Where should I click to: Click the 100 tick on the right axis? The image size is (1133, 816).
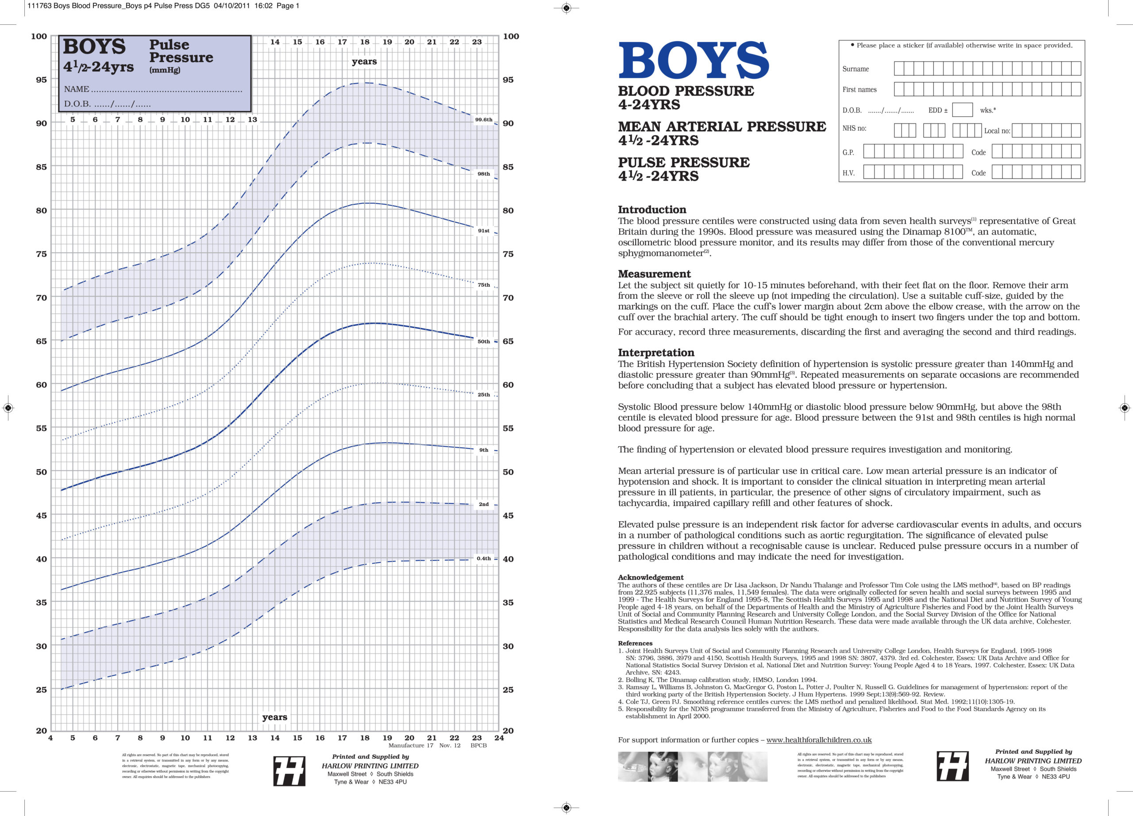511,36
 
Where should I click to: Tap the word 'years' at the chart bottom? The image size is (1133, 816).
274,717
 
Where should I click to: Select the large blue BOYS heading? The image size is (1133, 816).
694,61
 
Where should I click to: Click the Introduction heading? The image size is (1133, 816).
651,210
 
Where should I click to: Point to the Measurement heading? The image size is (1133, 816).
654,274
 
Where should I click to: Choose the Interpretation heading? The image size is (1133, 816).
655,353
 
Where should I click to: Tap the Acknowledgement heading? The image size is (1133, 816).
651,577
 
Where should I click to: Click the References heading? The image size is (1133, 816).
635,643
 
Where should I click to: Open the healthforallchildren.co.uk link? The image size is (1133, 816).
818,740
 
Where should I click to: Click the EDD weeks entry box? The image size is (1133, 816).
962,110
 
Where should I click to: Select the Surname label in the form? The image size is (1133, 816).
855,69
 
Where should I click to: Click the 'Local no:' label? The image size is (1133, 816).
997,131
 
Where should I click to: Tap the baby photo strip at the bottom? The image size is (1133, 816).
692,766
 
